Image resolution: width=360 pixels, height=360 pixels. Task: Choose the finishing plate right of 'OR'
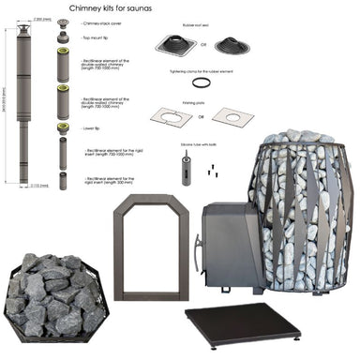click(x=232, y=116)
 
